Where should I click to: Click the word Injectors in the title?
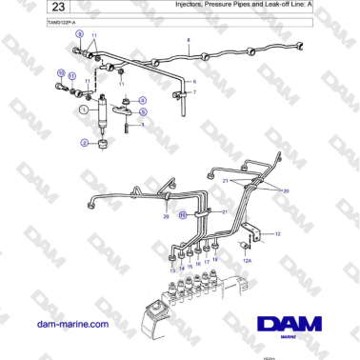coord(191,5)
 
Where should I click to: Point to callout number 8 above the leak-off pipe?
coord(189,40)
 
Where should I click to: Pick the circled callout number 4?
coord(143,99)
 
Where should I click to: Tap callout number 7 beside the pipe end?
coord(194,92)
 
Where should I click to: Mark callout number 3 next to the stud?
coord(142,124)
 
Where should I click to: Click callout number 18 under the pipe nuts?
coord(214,259)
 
